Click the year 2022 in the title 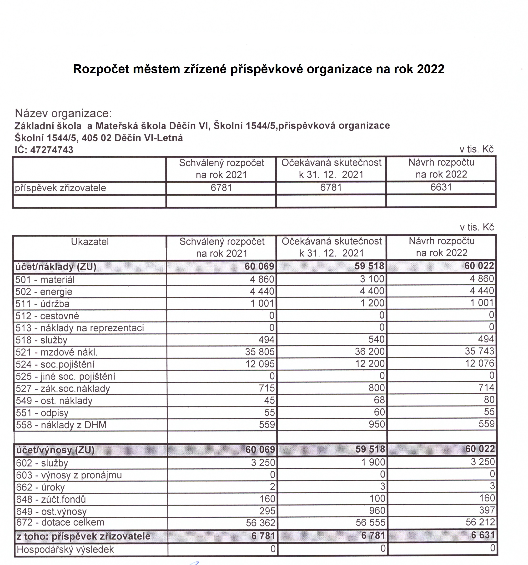[431, 69]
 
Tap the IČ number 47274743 [51, 150]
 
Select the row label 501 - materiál [45, 280]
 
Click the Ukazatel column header [90, 242]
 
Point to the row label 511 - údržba [42, 304]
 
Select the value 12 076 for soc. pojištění [479, 363]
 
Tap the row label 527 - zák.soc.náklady [63, 388]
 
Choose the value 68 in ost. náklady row [379, 400]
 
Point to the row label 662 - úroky [40, 487]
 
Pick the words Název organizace [63, 113]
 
